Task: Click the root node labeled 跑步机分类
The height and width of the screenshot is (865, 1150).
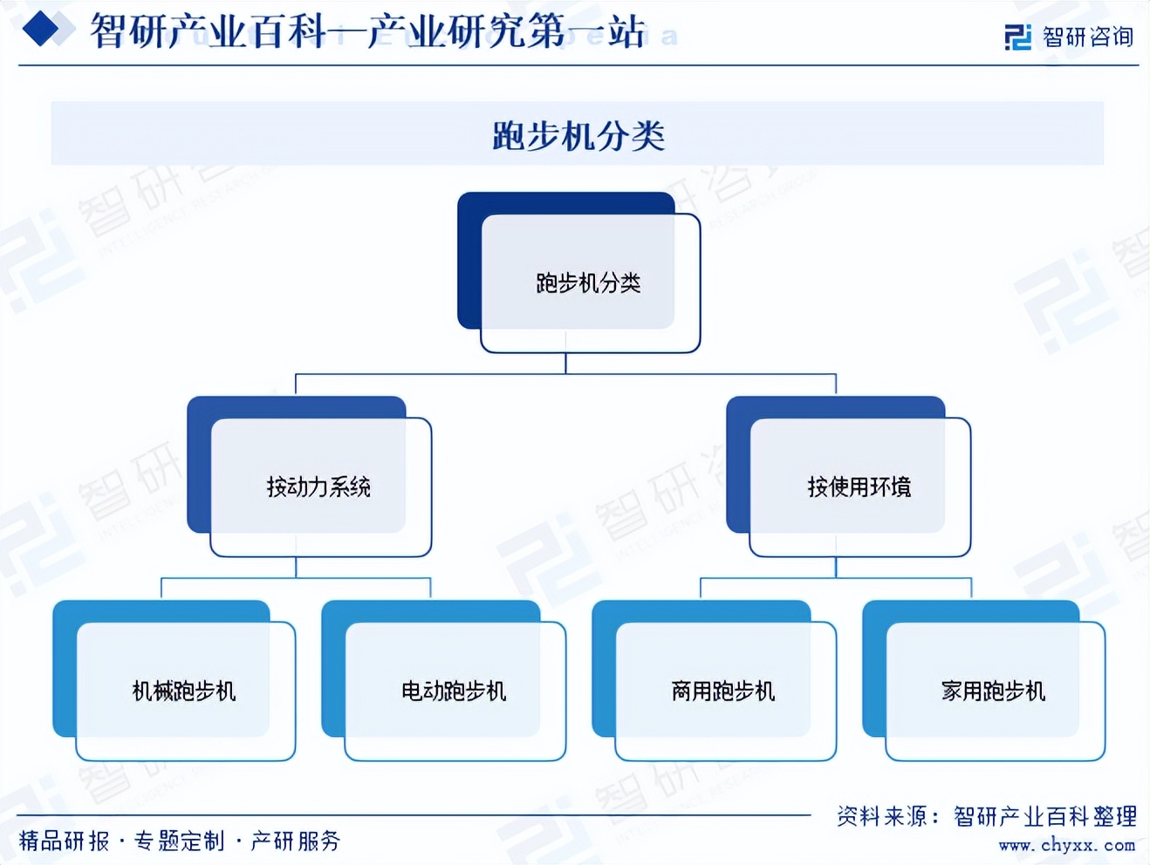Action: [x=587, y=282]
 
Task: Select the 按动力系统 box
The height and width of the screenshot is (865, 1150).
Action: [x=318, y=486]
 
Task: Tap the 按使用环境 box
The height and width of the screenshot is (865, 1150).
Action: [x=859, y=486]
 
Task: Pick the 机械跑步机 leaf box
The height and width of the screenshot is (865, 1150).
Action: [x=183, y=691]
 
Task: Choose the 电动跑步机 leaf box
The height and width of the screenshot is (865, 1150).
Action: [x=454, y=691]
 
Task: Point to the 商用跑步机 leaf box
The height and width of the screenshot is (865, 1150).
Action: [x=723, y=691]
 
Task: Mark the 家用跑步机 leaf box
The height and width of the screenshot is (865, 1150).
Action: [x=993, y=691]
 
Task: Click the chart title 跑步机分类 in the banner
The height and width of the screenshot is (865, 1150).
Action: [x=578, y=135]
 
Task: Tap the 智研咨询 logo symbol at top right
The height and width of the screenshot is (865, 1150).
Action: [x=1017, y=37]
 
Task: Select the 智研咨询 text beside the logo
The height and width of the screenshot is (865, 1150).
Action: [x=1087, y=37]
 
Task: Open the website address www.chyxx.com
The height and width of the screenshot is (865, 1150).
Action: [x=1066, y=845]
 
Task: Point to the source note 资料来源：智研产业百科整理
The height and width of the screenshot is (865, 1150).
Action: [x=986, y=816]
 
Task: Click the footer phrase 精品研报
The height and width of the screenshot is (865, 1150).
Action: [x=64, y=841]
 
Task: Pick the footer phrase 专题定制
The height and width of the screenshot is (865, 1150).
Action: [x=179, y=841]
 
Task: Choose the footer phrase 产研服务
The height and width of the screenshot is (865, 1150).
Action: [x=295, y=841]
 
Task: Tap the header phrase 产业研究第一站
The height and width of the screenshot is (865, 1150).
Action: [x=506, y=32]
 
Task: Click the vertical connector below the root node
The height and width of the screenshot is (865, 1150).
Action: [x=565, y=364]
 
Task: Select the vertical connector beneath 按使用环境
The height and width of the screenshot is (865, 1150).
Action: [x=836, y=567]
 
